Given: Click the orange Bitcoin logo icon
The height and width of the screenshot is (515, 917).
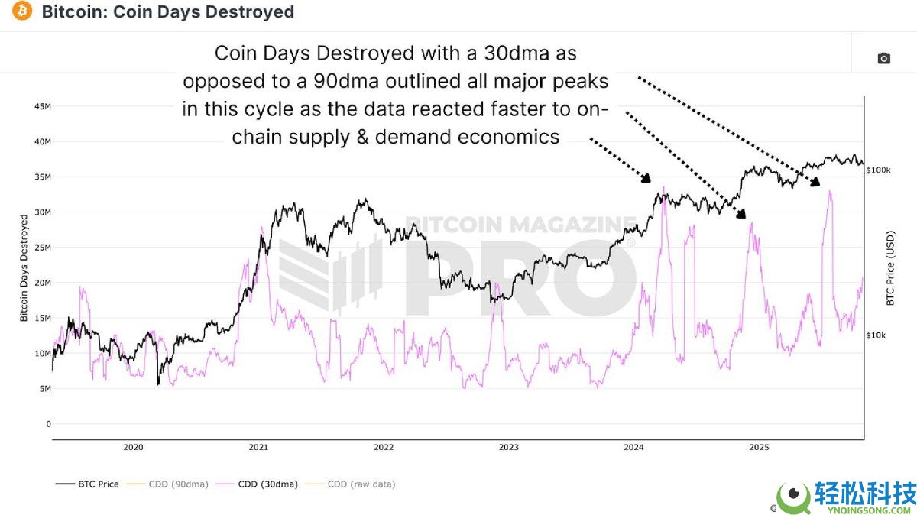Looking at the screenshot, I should click(22, 11).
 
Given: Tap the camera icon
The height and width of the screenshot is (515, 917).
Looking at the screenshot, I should click(883, 58).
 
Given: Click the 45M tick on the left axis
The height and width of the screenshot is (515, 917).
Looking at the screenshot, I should click(41, 106).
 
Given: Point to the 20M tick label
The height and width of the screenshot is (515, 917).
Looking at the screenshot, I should click(41, 283).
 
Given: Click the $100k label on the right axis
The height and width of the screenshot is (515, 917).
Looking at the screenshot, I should click(878, 170).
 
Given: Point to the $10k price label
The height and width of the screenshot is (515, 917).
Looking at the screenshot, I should click(876, 335).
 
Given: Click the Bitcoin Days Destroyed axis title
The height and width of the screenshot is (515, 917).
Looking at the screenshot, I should click(24, 267).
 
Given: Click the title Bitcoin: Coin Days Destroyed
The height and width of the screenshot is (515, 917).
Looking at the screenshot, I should click(167, 12).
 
